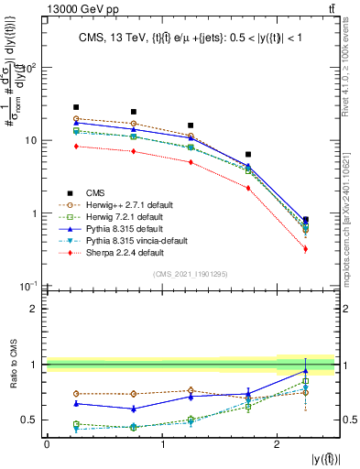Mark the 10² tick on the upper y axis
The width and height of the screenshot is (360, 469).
click(30, 68)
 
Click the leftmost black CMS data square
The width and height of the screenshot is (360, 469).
click(76, 107)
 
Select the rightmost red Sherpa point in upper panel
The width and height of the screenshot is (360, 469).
click(305, 249)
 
